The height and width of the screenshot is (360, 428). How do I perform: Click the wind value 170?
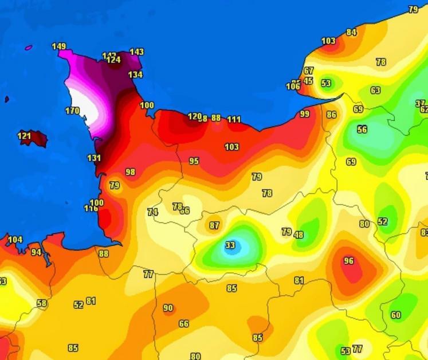pos(72,111)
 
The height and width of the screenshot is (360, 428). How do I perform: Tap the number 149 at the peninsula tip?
pos(58,46)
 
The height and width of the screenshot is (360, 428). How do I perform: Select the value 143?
pos(136,52)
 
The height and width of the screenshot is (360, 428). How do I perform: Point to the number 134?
pos(135,75)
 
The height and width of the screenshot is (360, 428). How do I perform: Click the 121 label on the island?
pos(24,136)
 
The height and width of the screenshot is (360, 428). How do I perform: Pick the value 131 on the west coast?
pos(94,158)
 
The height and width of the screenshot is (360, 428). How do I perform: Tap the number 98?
pos(131,172)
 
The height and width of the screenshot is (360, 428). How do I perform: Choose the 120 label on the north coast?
pos(194,116)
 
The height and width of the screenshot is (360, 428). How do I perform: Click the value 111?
pos(234,119)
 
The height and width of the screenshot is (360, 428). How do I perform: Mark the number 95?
pos(194,161)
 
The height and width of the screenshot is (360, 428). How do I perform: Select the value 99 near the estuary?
pos(305,114)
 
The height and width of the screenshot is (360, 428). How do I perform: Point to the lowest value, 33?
pos(230,245)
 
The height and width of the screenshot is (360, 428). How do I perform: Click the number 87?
pos(214,226)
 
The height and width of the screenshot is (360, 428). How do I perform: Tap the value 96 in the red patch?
pos(348,261)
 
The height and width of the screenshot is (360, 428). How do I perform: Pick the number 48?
pos(299,234)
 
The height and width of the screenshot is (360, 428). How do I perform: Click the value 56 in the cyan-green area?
pos(362,130)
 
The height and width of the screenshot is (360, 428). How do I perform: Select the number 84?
pos(351,32)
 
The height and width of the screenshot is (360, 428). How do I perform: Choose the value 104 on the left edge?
pos(15,240)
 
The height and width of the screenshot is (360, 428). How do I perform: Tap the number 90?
pos(168,308)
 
